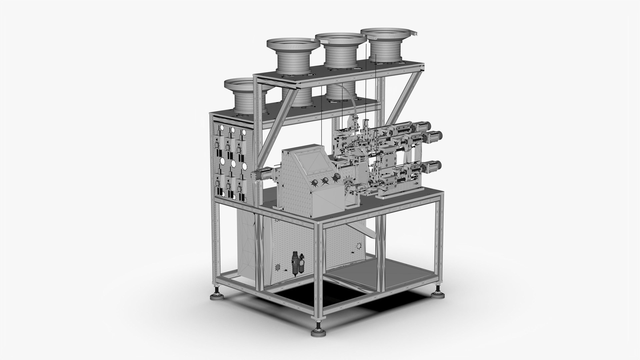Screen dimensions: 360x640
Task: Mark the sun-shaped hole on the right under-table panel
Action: tap(359, 247)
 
